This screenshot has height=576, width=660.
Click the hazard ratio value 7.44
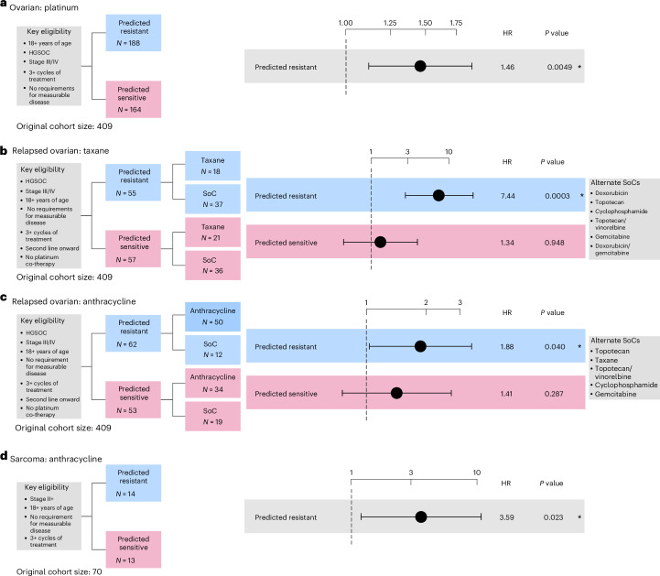tap(508, 196)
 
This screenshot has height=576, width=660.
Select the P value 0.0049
tap(559, 67)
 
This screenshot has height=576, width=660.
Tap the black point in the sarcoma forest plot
tap(420, 517)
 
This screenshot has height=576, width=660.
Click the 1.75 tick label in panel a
tap(456, 23)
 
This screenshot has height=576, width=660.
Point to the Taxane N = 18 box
tap(212, 166)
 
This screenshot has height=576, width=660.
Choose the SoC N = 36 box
tap(212, 266)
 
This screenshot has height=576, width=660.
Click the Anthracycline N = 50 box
tap(212, 316)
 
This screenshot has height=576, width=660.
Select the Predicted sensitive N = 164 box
tap(133, 100)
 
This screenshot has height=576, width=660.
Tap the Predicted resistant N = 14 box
tap(133, 483)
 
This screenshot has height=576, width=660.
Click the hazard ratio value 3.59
tap(507, 517)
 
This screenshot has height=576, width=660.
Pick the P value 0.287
tap(554, 394)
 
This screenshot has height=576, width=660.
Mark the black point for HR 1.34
tap(380, 242)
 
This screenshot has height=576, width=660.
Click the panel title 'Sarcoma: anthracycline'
tap(56, 459)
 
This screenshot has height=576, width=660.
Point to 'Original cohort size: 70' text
tap(59, 571)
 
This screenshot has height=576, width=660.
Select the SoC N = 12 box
tap(212, 350)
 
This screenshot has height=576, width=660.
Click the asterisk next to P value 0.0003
tap(581, 195)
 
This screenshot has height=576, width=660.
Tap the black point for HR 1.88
tap(420, 346)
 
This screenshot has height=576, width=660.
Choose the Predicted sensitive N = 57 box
tap(133, 248)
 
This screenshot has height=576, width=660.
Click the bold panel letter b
tap(4, 150)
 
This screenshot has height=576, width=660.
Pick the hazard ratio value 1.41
tap(506, 394)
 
